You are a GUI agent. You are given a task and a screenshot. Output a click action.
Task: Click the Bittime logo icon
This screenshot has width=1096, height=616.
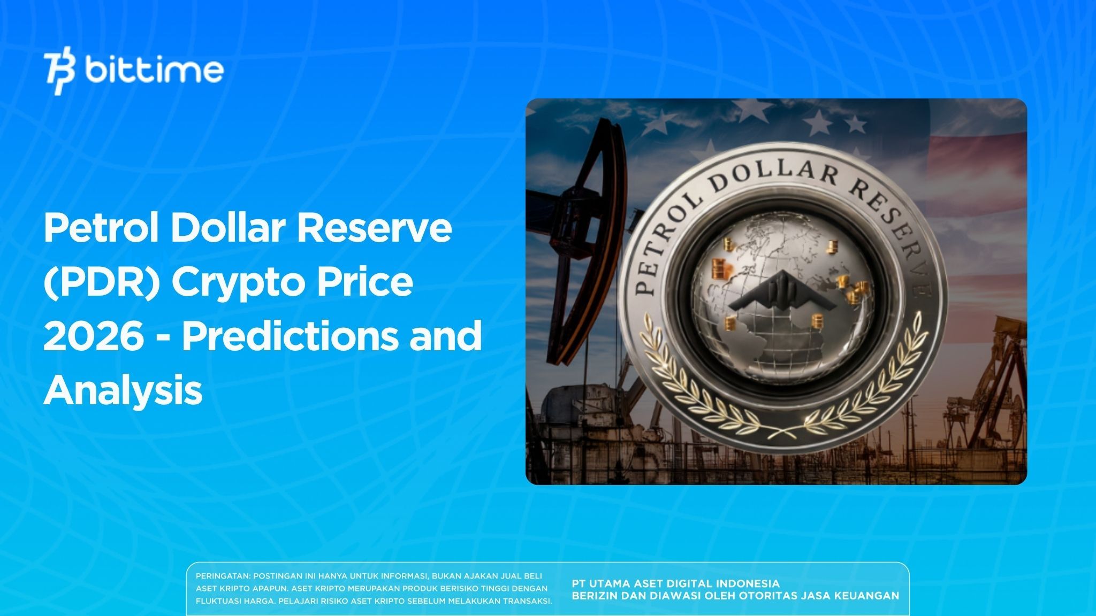(x=60, y=73)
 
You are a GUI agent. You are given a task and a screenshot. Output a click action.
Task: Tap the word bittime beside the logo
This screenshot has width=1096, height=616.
(x=154, y=70)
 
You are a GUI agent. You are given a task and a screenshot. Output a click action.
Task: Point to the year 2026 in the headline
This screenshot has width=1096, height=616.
(x=94, y=335)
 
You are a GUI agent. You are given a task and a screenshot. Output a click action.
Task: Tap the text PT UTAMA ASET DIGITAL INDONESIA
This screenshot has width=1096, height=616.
(x=675, y=583)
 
